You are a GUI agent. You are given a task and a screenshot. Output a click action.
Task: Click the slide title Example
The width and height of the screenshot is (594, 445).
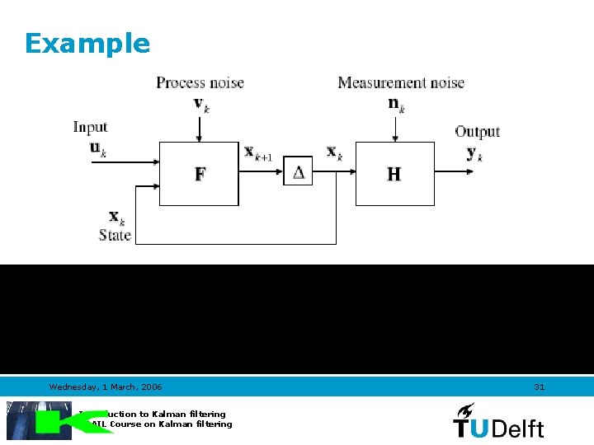click(87, 43)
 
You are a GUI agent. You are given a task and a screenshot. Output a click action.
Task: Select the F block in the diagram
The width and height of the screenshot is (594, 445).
click(199, 174)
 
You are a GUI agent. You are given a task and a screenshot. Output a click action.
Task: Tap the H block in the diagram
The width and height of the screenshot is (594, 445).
click(394, 174)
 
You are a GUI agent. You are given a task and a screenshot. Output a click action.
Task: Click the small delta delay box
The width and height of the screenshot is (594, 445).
click(298, 172)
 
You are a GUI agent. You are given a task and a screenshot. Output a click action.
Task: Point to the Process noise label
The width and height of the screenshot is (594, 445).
click(200, 82)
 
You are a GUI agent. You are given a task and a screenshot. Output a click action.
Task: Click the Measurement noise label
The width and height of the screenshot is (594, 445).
click(401, 82)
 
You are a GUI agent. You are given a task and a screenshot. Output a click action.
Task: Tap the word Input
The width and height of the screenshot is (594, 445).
click(90, 127)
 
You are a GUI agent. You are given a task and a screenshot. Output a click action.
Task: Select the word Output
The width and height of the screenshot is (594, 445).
click(477, 131)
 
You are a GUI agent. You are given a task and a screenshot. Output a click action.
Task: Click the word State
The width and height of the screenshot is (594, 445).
click(115, 235)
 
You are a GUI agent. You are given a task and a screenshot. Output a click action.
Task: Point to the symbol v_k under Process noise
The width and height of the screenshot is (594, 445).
click(201, 104)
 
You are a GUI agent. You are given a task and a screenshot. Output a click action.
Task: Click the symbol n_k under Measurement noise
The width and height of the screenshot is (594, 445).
click(396, 104)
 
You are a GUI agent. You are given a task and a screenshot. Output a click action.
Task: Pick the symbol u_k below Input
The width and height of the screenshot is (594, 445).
click(97, 149)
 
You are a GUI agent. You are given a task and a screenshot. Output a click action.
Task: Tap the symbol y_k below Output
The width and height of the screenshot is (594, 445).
click(474, 153)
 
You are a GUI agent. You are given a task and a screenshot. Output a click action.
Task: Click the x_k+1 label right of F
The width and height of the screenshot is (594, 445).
click(258, 152)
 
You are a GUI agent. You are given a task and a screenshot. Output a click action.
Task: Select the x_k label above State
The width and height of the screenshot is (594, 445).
click(116, 218)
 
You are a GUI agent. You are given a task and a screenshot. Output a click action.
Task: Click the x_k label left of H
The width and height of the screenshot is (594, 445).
click(334, 152)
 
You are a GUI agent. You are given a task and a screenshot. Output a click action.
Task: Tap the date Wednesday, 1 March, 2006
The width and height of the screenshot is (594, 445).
click(106, 386)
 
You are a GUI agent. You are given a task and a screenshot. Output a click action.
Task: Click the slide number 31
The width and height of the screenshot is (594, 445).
click(540, 386)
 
